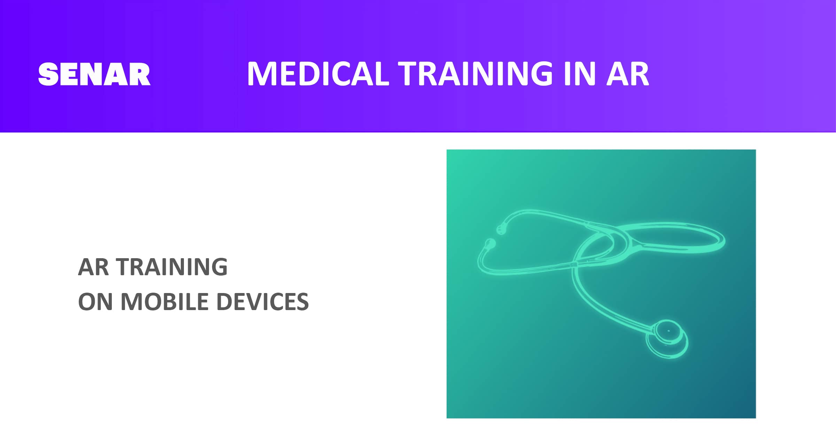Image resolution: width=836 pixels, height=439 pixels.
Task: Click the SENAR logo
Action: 94,74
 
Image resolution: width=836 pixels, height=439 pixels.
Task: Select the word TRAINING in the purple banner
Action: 475,74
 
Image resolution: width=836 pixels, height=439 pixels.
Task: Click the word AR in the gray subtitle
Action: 93,267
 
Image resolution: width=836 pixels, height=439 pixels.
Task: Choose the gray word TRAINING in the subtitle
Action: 172,267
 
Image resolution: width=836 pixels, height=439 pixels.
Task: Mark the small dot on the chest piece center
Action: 668,331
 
